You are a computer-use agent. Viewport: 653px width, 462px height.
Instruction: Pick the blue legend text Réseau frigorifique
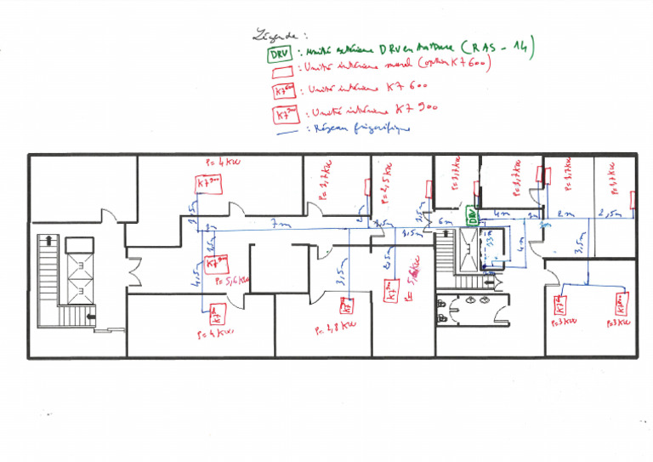361,128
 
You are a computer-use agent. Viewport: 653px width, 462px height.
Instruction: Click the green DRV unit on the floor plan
472,216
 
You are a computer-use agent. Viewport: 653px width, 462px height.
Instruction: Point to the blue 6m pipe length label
444,225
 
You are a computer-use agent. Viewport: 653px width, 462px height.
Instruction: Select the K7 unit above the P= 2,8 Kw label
347,304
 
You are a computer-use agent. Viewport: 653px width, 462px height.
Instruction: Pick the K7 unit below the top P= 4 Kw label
208,184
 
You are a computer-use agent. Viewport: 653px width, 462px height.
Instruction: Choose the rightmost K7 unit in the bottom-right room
622,303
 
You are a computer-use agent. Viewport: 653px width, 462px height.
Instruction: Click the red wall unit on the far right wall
633,201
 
